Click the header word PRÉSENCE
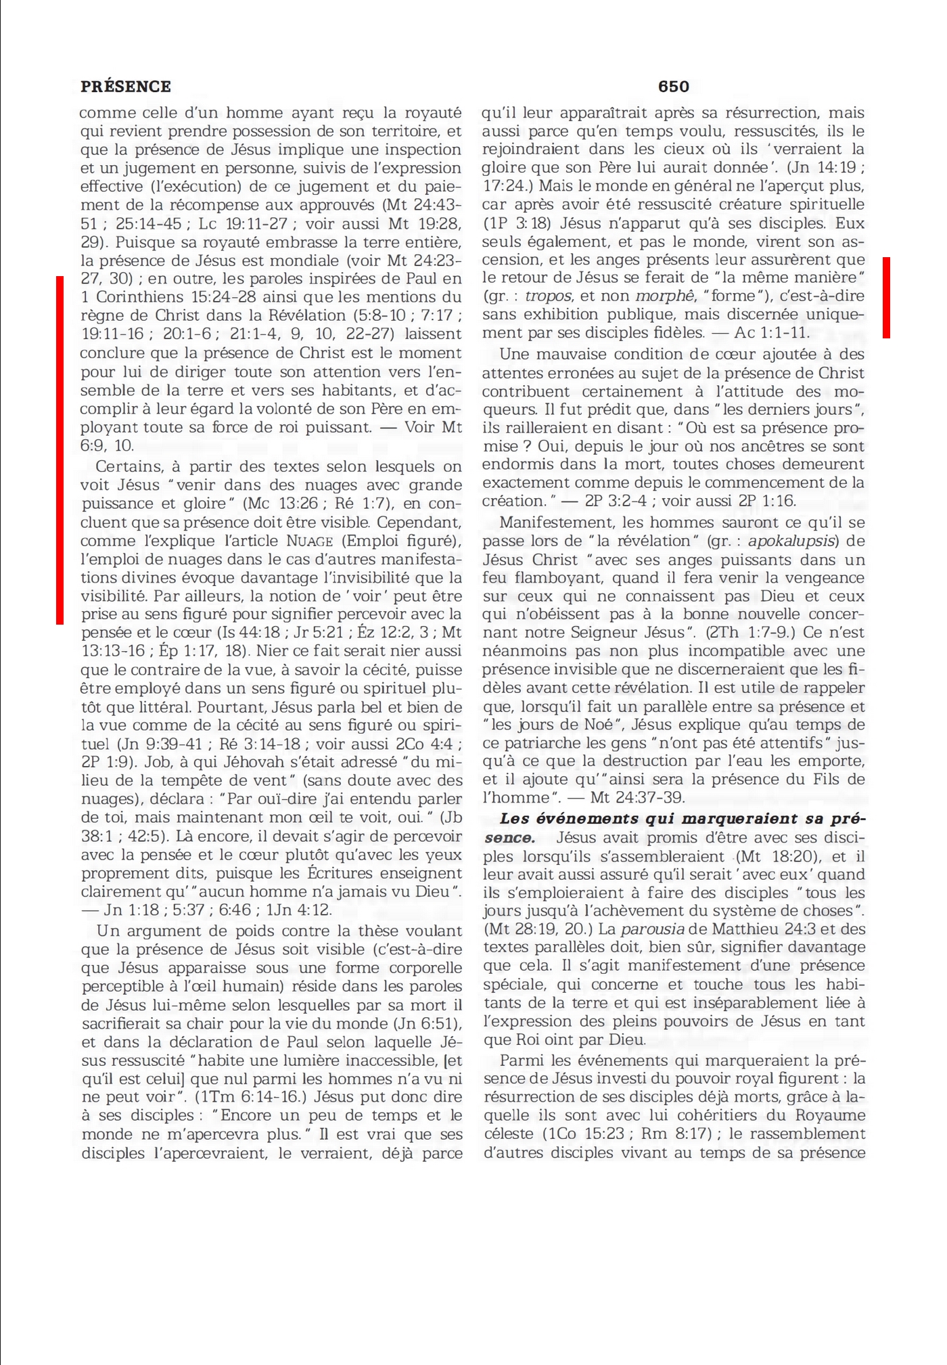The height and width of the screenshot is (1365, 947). point(126,87)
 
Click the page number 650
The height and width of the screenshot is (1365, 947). point(673,87)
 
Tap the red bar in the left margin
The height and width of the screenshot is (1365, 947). point(60,450)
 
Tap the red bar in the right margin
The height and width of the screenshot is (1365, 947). point(886,297)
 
